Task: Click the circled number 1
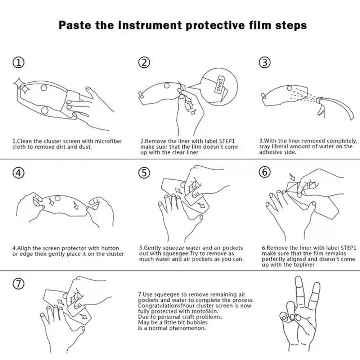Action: [x=18, y=62]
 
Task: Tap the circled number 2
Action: [x=144, y=62]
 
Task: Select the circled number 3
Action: [x=265, y=62]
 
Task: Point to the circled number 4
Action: [x=18, y=173]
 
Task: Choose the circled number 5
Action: [x=144, y=173]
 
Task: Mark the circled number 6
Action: [x=265, y=172]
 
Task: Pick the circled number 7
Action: [x=18, y=284]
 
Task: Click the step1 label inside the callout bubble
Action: [x=220, y=84]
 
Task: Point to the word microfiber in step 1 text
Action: [x=108, y=141]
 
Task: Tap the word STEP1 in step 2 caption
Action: [x=227, y=141]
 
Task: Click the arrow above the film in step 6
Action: [x=292, y=177]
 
